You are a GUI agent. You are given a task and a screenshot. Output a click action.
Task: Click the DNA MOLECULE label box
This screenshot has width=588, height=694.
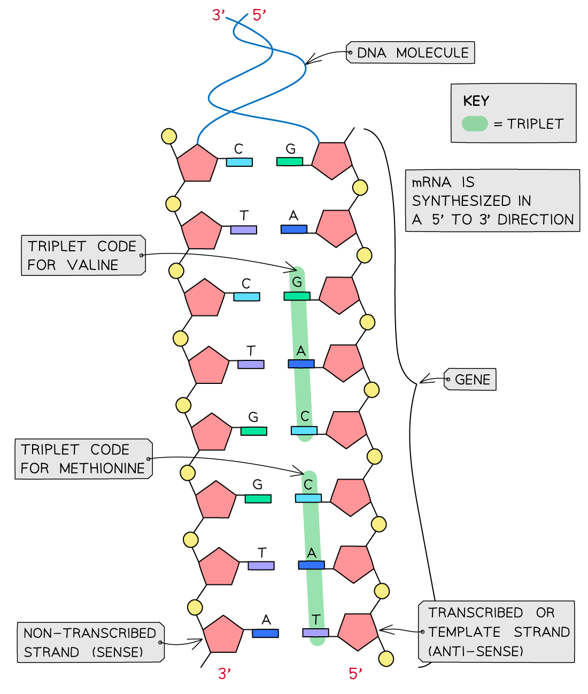coord(411,53)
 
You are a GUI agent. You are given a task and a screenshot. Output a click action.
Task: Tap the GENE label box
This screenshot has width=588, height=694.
coord(471,380)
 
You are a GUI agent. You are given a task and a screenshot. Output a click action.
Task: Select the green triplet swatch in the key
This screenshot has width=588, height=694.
coord(475,124)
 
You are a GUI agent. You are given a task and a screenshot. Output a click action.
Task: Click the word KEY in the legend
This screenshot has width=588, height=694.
coord(476,101)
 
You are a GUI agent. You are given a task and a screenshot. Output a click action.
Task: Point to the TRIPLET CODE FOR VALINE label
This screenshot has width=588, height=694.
coord(82,256)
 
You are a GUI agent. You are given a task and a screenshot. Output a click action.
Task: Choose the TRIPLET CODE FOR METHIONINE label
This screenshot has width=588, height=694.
coord(83,459)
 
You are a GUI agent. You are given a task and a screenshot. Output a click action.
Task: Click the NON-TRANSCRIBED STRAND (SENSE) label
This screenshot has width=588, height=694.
coord(90,642)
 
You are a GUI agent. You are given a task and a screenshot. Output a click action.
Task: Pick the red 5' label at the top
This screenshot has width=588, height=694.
coord(259,16)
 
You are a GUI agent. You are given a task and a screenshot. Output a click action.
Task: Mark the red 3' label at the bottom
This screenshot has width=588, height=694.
coord(225,674)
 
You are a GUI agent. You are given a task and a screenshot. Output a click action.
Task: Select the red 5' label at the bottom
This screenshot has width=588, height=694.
coord(355,674)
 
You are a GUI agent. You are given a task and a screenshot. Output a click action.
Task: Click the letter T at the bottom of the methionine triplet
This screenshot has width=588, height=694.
coord(316,620)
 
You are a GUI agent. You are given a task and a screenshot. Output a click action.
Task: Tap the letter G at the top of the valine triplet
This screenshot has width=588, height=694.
coord(297,282)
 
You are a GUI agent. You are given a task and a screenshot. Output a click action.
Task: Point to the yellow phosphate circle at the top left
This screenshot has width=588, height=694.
coord(169,136)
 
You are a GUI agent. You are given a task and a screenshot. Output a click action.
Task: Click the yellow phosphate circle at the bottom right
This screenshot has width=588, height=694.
coord(386,659)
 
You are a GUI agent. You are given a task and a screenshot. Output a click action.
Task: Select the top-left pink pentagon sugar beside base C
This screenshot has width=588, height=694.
coord(197,162)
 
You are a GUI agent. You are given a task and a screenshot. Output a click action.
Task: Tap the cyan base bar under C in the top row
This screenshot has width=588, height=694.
coord(239,162)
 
